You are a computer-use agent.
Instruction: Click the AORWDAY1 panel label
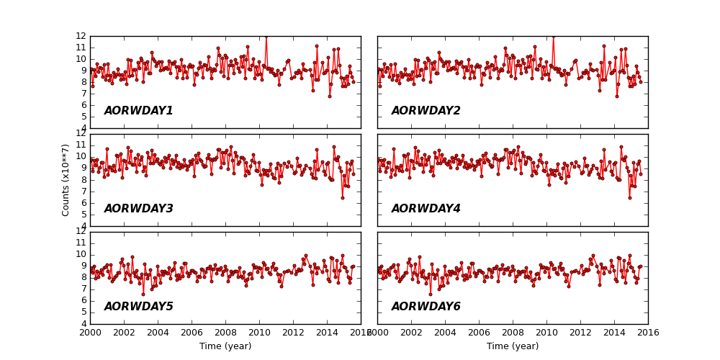138,111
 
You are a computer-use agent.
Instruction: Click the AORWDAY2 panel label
426,111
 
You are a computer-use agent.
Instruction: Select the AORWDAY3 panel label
138,209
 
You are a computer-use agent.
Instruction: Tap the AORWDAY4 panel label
426,209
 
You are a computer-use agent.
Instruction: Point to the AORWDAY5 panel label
138,307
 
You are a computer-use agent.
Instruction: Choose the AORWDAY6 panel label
426,307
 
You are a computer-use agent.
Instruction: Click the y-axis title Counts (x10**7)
66,179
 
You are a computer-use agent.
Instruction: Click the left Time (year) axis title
225,346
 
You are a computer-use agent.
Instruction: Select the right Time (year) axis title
513,346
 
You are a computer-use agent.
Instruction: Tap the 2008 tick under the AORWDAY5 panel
225,333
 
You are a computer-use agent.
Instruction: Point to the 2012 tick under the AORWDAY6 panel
580,333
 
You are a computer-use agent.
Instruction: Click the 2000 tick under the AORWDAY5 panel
90,333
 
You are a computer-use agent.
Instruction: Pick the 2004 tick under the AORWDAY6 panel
445,333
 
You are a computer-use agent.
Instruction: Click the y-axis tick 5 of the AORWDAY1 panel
83,117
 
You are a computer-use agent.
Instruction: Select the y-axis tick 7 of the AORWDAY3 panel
83,192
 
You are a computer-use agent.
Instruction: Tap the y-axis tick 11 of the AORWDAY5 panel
83,243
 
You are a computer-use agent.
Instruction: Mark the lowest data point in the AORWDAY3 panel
343,198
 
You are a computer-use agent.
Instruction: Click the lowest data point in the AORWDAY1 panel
330,96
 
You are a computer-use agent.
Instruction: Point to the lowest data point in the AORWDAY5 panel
143,294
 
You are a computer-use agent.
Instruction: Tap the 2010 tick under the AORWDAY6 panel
546,333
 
